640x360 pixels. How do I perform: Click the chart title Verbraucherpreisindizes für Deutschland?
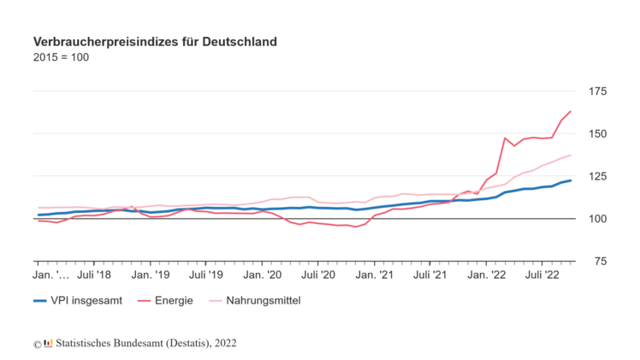pos(155,41)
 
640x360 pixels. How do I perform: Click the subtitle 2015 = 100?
pos(61,58)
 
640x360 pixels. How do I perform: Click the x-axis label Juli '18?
pos(94,275)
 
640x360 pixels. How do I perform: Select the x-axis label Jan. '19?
pos(151,275)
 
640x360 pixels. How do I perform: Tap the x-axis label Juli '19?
pos(206,275)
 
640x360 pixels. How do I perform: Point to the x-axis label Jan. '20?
pos(263,275)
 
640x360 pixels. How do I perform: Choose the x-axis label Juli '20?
pos(318,275)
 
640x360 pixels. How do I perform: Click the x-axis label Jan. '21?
pos(375,275)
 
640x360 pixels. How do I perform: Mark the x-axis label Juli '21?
pos(430,275)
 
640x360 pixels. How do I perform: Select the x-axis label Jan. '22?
pos(487,275)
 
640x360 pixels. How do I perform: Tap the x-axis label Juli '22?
pos(542,275)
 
